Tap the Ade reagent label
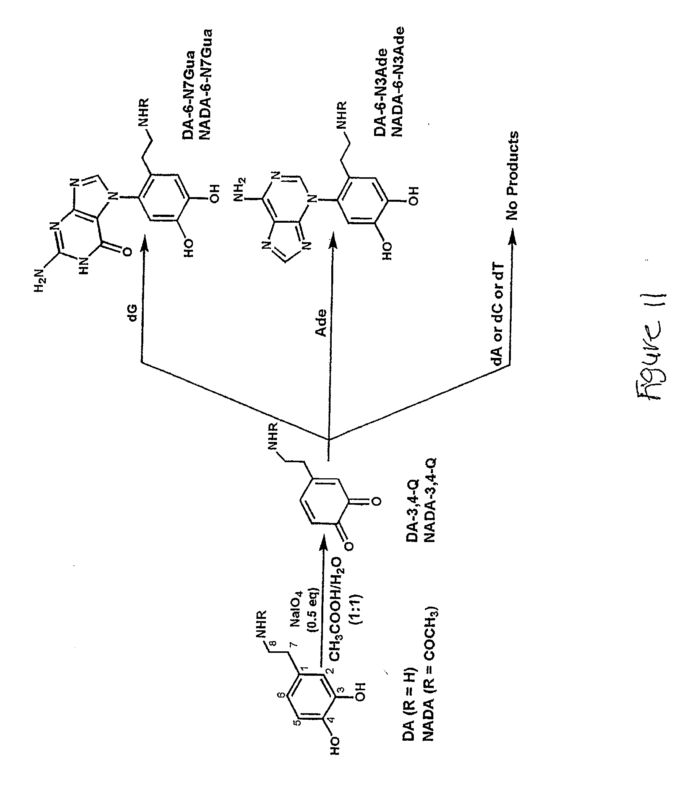321,323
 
